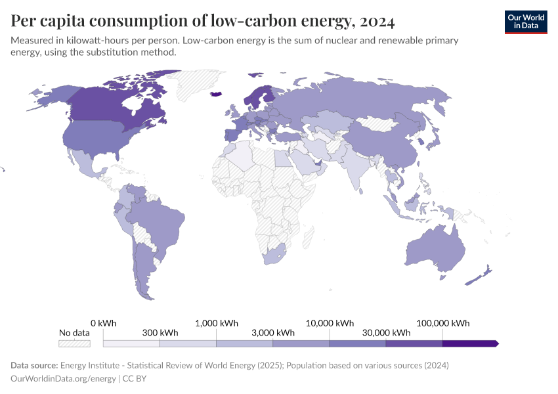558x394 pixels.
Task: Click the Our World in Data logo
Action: (x=525, y=22)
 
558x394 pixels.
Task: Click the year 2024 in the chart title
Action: (x=377, y=22)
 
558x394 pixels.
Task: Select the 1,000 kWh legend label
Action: (x=217, y=323)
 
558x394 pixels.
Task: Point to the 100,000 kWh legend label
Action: (x=443, y=323)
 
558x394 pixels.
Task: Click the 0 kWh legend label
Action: (x=103, y=323)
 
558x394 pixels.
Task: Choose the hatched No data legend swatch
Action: (x=74, y=343)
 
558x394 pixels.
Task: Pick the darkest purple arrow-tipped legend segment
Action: (x=470, y=343)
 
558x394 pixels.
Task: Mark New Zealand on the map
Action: (x=479, y=276)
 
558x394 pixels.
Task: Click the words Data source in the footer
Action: (x=33, y=365)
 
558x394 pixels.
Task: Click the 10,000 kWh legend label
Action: (x=330, y=323)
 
